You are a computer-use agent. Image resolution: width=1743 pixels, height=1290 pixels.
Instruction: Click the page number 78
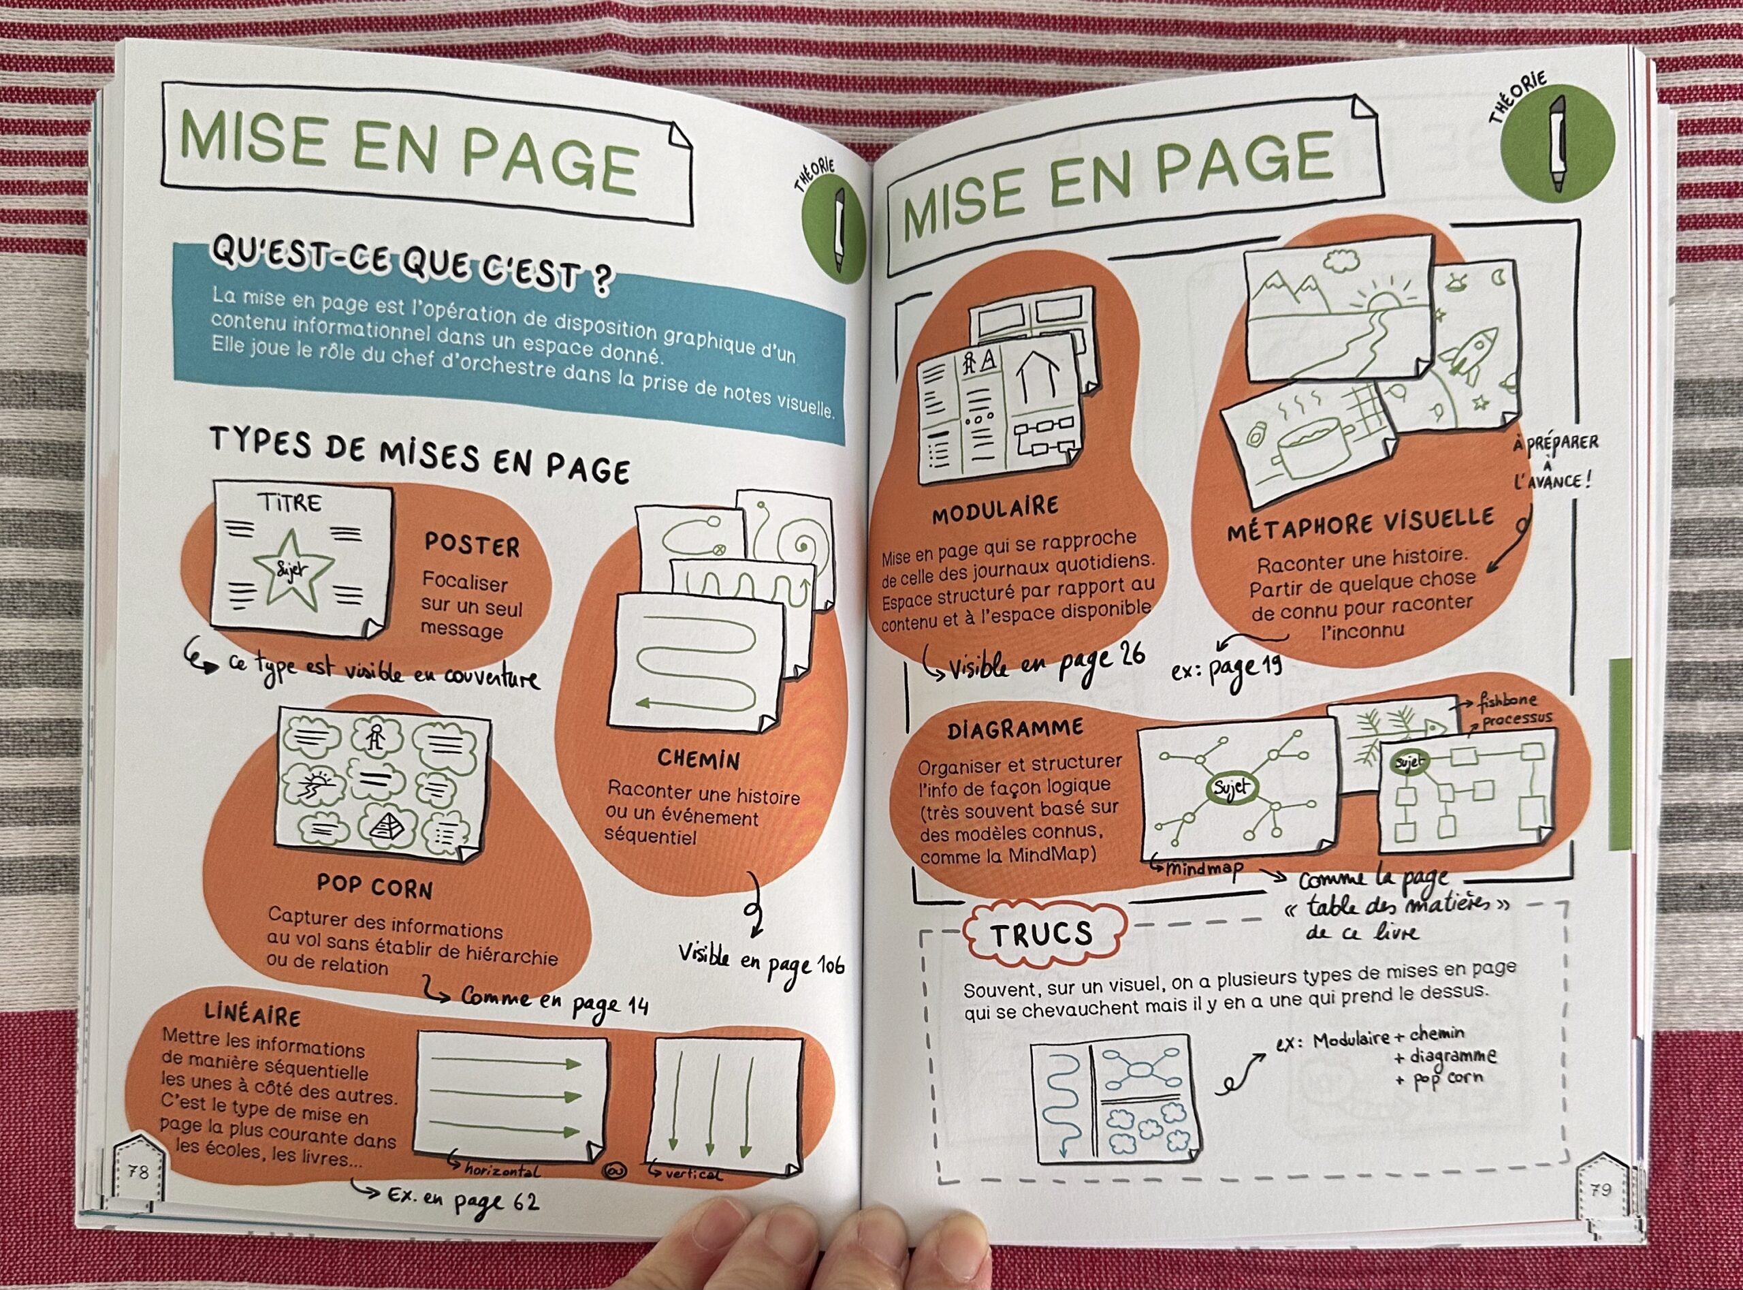[x=138, y=1172]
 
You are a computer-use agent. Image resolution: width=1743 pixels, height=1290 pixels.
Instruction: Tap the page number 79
[x=1600, y=1190]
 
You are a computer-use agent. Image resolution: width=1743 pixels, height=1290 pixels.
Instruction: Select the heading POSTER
[x=471, y=545]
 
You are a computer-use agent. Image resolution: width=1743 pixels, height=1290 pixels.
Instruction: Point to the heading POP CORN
[x=374, y=885]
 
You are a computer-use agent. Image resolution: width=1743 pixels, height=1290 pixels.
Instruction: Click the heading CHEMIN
[x=699, y=757]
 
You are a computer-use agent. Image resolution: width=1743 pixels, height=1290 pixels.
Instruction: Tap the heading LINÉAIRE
[x=252, y=1014]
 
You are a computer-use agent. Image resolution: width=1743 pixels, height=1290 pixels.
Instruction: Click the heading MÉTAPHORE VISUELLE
[x=1360, y=523]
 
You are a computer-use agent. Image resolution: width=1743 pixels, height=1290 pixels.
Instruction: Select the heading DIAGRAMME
[x=1016, y=729]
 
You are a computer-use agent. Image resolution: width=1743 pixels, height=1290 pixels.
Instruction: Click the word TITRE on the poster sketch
[x=289, y=502]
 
